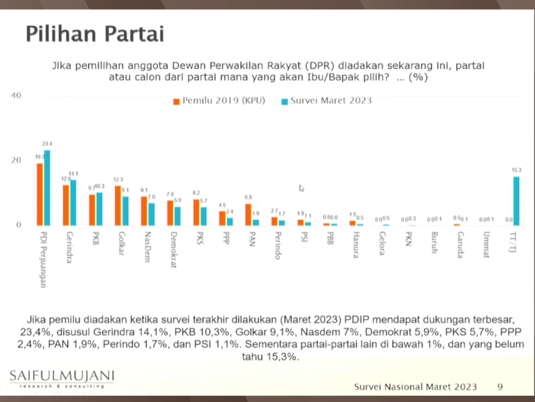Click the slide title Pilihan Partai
coord(95,34)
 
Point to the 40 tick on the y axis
coord(16,95)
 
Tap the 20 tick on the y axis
coord(16,160)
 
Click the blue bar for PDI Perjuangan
coord(47,188)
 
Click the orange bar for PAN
coord(248,214)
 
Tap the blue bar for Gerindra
coord(73,203)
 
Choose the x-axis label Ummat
coord(486,244)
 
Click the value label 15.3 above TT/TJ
coord(516,171)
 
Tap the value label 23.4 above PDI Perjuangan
coord(48,144)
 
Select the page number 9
coord(500,386)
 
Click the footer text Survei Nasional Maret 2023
coord(415,386)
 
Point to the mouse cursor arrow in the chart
coord(302,188)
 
